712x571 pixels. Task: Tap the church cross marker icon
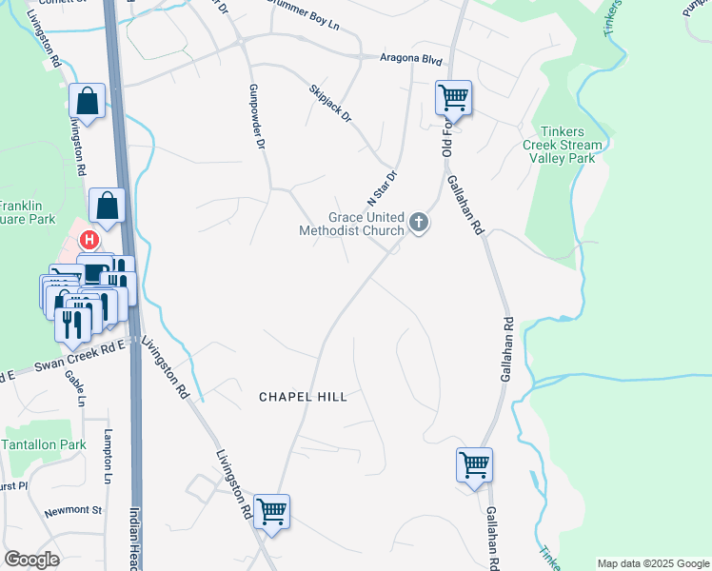point(418,224)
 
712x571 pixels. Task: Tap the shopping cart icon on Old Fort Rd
point(454,96)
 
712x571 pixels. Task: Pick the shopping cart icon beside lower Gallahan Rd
point(474,464)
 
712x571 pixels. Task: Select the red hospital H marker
point(89,240)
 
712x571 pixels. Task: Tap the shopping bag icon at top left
point(88,100)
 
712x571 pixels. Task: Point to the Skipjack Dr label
point(330,104)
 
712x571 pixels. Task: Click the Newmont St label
point(72,511)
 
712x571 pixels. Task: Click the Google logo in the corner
point(32,559)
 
